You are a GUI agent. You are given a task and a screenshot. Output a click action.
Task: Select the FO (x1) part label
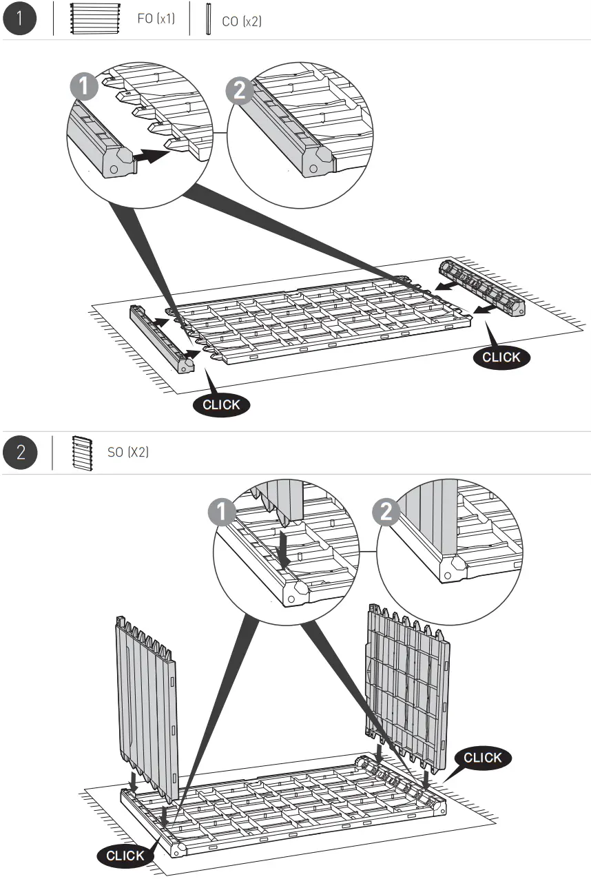click(x=156, y=19)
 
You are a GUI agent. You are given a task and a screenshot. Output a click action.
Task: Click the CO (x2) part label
click(x=241, y=21)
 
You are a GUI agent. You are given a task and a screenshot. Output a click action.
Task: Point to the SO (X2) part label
click(x=128, y=453)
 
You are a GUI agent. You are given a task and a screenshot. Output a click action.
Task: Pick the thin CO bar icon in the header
click(x=207, y=19)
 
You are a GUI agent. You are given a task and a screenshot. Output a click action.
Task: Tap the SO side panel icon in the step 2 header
click(x=81, y=453)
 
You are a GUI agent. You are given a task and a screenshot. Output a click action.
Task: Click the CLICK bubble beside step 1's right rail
click(x=502, y=357)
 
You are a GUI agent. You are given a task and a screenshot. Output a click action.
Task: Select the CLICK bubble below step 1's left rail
click(x=222, y=404)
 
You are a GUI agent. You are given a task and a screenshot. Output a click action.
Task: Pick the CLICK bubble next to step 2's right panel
click(x=483, y=757)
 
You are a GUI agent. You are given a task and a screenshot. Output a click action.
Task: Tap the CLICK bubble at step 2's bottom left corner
click(x=125, y=856)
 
